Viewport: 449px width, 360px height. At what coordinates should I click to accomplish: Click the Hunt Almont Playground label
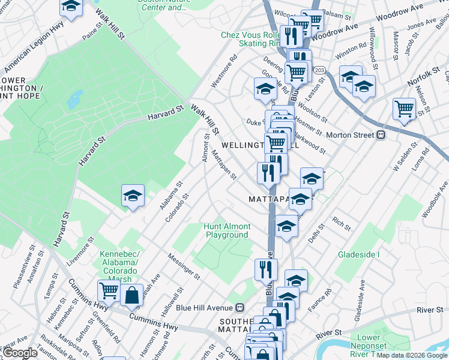[x=227, y=231]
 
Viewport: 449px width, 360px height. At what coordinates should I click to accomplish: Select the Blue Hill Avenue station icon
[x=240, y=307]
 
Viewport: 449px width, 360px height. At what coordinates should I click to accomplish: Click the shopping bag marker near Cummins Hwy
[x=131, y=295]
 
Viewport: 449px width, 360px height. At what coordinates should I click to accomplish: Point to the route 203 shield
[x=319, y=71]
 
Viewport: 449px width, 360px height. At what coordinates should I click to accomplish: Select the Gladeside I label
[x=359, y=255]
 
